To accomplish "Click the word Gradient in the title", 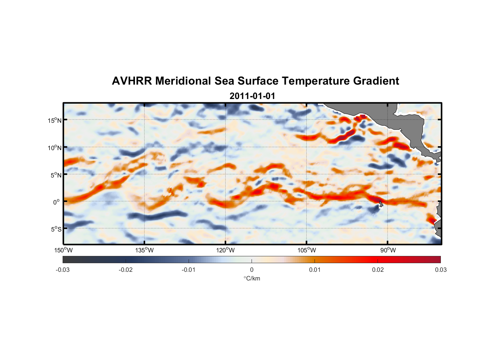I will click(x=376, y=81).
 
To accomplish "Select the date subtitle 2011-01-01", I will click(x=252, y=96).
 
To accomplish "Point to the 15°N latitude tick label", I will click(x=55, y=120).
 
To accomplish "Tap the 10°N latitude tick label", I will click(x=55, y=148).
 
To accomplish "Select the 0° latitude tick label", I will click(x=57, y=202).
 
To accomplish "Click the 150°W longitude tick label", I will click(x=63, y=250).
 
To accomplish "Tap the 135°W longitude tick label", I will click(x=145, y=250).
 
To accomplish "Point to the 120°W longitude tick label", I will click(x=226, y=250).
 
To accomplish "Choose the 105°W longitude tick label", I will click(x=307, y=250).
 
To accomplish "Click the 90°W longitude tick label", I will click(x=388, y=250).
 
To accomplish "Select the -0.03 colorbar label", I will click(x=63, y=270).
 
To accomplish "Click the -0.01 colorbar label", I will click(x=189, y=270).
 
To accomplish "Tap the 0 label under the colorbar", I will click(x=252, y=270).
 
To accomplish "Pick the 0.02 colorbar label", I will click(x=378, y=270).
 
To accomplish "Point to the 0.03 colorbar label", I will click(x=440, y=270).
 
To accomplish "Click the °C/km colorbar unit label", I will click(x=252, y=278).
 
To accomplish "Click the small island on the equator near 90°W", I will click(x=381, y=204).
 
